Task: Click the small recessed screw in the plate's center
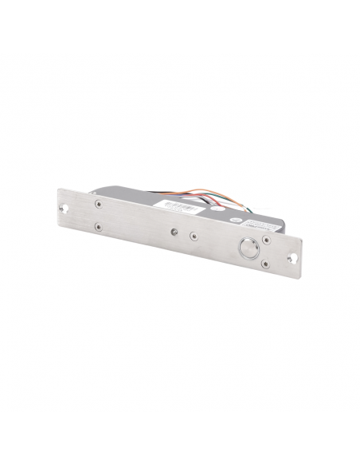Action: tap(173, 233)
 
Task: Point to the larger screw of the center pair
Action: tap(192, 236)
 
